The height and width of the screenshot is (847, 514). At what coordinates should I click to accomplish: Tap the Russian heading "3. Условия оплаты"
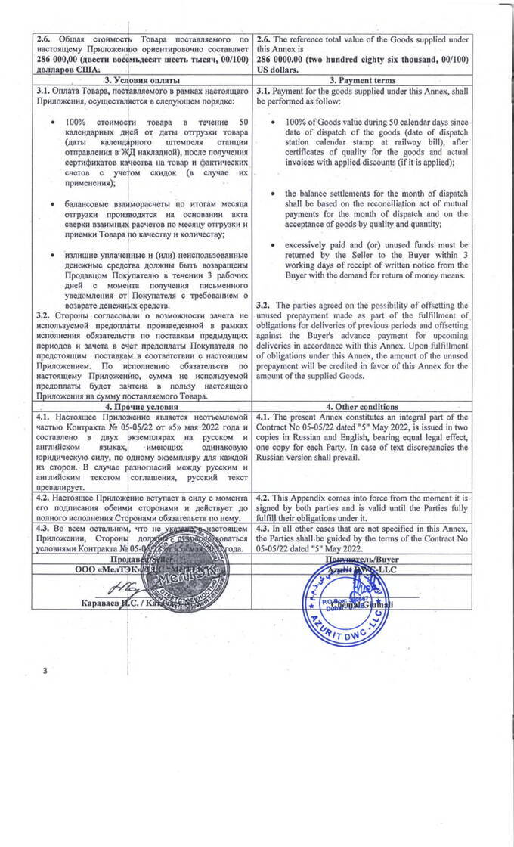click(x=141, y=80)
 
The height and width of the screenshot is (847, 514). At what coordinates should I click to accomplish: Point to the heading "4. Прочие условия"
click(x=141, y=405)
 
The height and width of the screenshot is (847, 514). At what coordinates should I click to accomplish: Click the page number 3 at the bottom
click(x=45, y=670)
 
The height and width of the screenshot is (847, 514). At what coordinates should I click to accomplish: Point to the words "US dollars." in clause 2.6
click(x=278, y=70)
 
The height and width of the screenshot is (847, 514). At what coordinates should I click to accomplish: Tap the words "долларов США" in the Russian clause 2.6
click(x=64, y=68)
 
